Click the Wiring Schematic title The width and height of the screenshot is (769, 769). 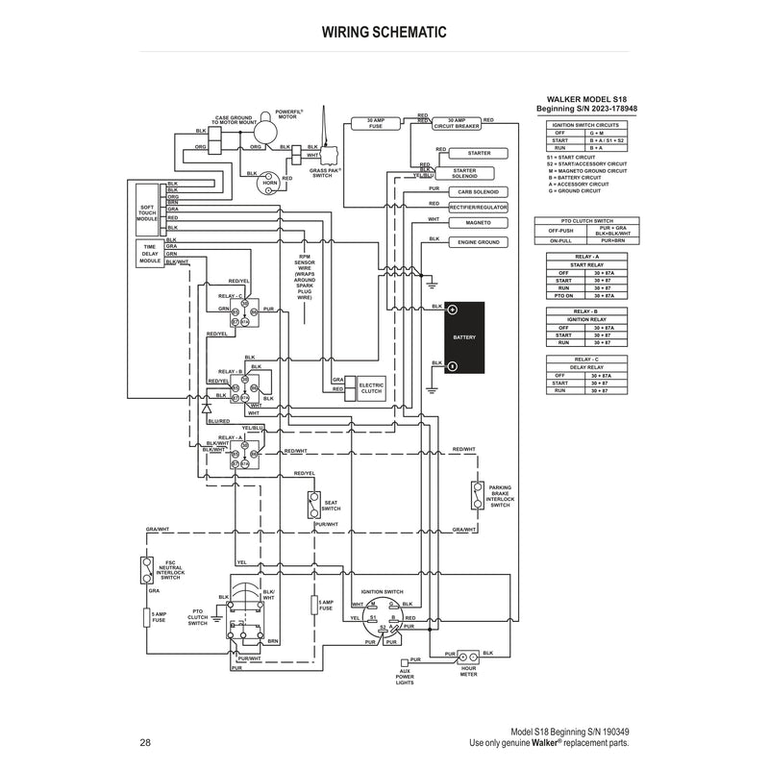coord(384,32)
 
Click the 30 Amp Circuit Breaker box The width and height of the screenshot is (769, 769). coord(456,124)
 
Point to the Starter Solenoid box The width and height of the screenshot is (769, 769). coord(479,172)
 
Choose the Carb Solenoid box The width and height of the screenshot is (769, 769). coord(479,191)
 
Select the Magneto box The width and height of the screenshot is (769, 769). coord(479,223)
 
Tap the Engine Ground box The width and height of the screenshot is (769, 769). coord(479,242)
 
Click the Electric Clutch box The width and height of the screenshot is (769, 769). coord(371,387)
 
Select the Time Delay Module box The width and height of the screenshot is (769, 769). coord(149,253)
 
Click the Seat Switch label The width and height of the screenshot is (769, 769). coord(331,505)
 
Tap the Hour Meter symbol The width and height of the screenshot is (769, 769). coord(468,655)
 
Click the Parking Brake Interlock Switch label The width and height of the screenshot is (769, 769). coord(500,496)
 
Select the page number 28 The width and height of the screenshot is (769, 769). coord(145,742)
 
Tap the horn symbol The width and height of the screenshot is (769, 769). coord(270,181)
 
